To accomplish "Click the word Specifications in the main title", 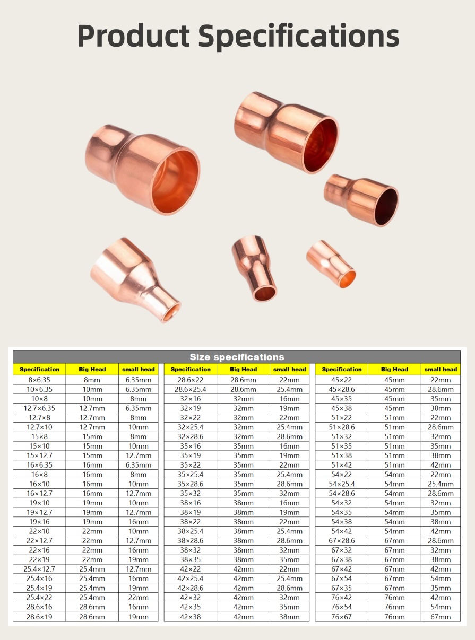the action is pos(299,38).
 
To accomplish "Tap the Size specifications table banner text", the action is pos(237,357).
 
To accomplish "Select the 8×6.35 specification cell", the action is pos(39,380).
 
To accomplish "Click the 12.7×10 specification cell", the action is pos(39,427).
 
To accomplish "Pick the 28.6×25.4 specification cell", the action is pos(191,389).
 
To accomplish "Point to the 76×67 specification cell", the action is pos(341,617).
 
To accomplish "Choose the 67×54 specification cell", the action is pos(341,578).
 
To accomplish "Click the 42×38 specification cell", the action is pos(191,617).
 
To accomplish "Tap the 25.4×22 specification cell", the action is pos(39,598).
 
